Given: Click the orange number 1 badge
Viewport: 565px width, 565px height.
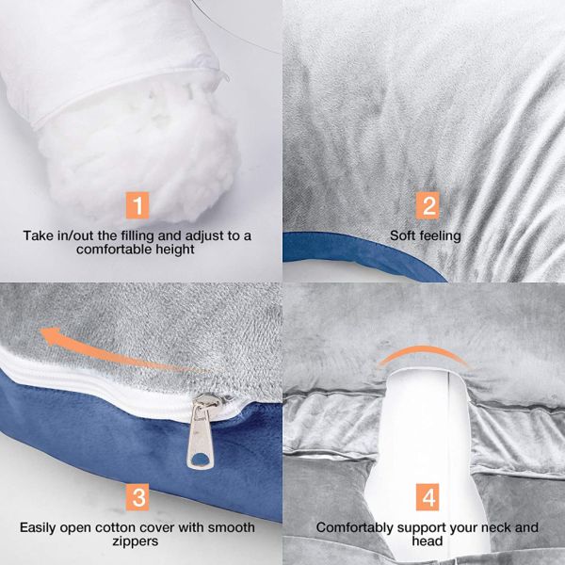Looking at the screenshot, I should (139, 204).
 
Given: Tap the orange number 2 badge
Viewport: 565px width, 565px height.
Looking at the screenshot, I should (427, 205).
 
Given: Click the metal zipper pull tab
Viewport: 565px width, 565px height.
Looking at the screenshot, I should (201, 431).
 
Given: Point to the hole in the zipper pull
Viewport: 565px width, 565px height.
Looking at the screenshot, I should (200, 458).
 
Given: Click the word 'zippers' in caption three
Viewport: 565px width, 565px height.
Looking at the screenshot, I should (139, 542).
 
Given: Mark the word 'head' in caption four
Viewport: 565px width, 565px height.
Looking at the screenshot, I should (427, 542).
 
